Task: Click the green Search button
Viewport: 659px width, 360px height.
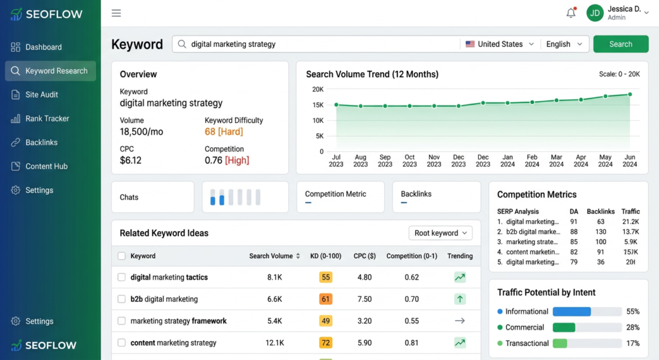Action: point(620,44)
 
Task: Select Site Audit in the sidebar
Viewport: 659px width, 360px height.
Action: point(42,95)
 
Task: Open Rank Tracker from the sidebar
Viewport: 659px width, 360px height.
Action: point(47,118)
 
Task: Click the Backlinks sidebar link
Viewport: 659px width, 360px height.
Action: point(41,142)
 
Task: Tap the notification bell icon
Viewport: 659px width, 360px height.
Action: point(571,13)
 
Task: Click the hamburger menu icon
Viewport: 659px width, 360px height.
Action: point(116,13)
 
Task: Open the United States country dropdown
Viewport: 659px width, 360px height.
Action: point(500,44)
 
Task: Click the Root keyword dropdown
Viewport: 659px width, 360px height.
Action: point(441,233)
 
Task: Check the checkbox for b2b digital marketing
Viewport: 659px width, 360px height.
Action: point(122,299)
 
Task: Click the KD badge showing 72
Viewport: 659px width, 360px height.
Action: point(326,343)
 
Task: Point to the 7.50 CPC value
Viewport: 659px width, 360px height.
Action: point(364,299)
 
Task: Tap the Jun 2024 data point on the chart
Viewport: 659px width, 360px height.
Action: point(629,94)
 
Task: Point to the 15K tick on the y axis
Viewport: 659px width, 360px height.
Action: point(317,105)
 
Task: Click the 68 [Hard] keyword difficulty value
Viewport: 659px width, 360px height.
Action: point(224,132)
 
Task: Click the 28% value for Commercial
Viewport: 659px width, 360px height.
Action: point(633,328)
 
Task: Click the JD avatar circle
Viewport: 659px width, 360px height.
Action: point(595,13)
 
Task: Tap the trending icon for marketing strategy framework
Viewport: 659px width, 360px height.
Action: point(459,321)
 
